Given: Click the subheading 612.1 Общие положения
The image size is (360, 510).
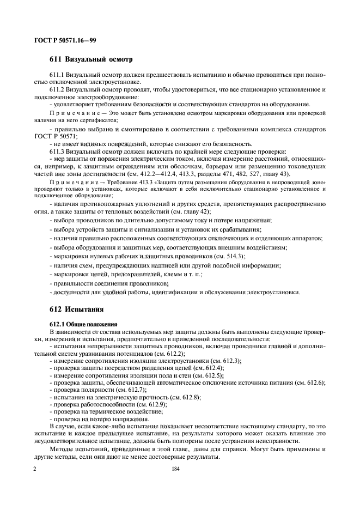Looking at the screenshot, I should (x=79, y=324).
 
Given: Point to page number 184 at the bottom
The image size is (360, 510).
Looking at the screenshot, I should (x=175, y=468).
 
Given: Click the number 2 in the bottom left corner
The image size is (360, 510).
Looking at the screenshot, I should (x=35, y=468).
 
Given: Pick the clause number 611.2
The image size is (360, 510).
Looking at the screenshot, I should (x=58, y=89).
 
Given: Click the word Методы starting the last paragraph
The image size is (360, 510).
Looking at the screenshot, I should (x=63, y=449).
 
